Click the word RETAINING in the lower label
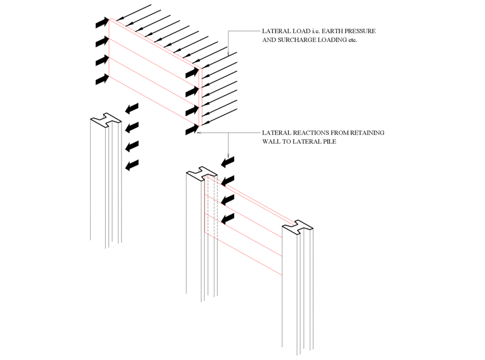click(x=367, y=133)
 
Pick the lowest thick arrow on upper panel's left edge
click(x=102, y=80)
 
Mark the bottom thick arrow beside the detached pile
click(x=132, y=165)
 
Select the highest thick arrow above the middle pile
click(x=228, y=162)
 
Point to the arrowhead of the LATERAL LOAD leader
click(x=229, y=55)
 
